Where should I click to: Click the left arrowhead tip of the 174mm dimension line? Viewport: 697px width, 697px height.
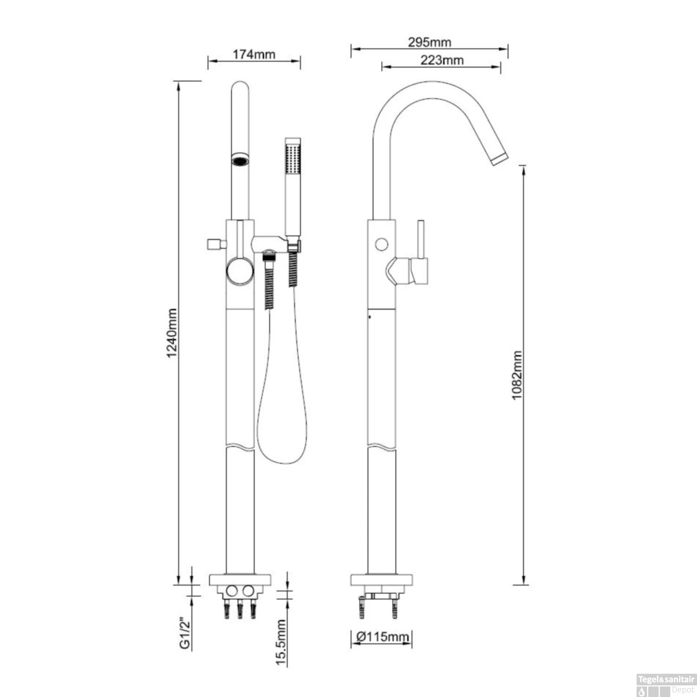208,61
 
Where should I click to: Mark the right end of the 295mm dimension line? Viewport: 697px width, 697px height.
507,48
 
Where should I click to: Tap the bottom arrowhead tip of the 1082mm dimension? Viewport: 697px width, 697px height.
524,584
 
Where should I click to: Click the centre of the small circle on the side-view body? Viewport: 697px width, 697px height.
381,244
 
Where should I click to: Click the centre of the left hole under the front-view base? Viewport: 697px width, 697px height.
231,591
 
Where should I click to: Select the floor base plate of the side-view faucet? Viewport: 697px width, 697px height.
381,579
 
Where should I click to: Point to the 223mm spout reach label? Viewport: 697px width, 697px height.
442,60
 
